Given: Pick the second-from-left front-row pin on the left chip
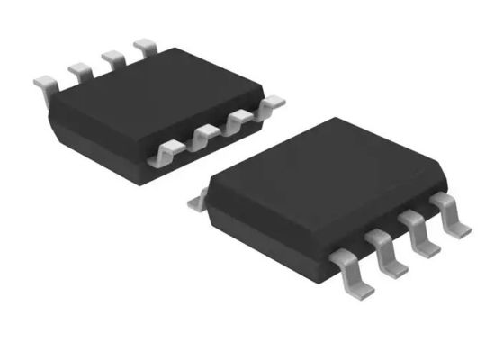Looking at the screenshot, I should coord(202,138).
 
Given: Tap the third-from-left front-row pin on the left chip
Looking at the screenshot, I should coord(237,123).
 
